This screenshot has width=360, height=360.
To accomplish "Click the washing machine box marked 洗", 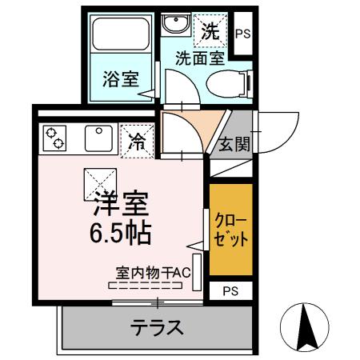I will [210, 32].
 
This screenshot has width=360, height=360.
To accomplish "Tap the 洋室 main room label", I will [122, 205].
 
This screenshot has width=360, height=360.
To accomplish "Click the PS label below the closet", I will [230, 290].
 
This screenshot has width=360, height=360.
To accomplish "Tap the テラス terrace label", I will [157, 327].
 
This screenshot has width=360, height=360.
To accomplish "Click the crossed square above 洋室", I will [100, 184].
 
